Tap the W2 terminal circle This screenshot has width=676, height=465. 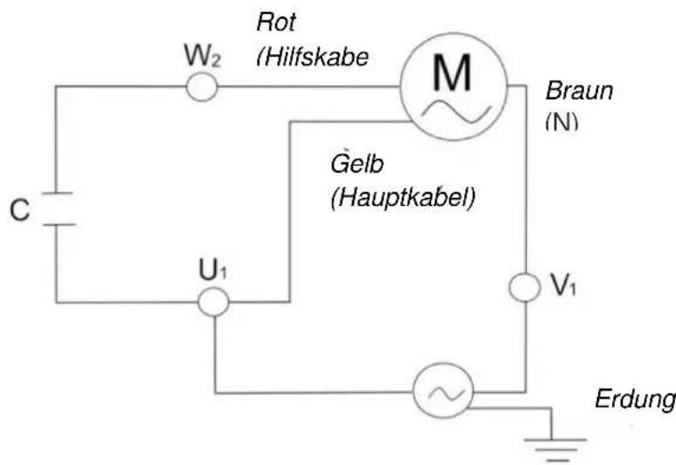201,86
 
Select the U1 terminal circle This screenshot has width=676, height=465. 213,303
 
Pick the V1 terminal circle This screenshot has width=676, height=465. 525,288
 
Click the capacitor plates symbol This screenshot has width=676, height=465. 57,208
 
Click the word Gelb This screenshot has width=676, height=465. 355,166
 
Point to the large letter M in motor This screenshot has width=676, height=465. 452,75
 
